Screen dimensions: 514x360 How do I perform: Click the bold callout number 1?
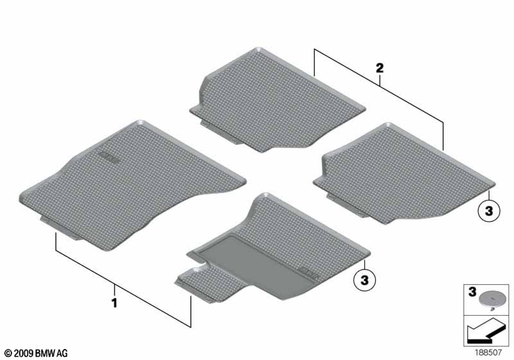coord(114,303)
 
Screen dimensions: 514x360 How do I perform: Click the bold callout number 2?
coord(380,68)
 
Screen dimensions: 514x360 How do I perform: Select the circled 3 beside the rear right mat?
coord(489,211)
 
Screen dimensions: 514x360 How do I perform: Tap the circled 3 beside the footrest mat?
coord(364,280)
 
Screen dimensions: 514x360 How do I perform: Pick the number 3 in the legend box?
coord(472,292)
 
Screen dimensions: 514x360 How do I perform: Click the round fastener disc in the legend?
coord(490,298)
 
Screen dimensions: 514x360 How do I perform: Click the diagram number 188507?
coord(488,353)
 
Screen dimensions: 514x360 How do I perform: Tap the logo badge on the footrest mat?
coord(309,273)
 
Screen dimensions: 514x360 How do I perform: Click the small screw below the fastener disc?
coord(492,308)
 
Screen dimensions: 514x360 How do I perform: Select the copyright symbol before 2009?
coord(8,354)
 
